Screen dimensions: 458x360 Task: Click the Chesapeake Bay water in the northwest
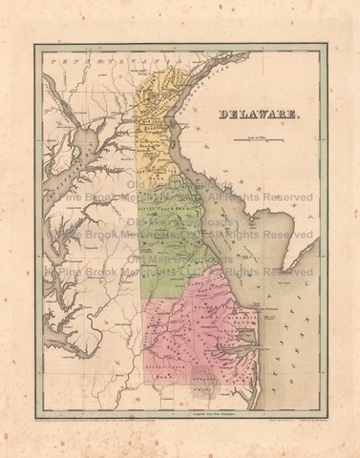(x=81, y=148)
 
